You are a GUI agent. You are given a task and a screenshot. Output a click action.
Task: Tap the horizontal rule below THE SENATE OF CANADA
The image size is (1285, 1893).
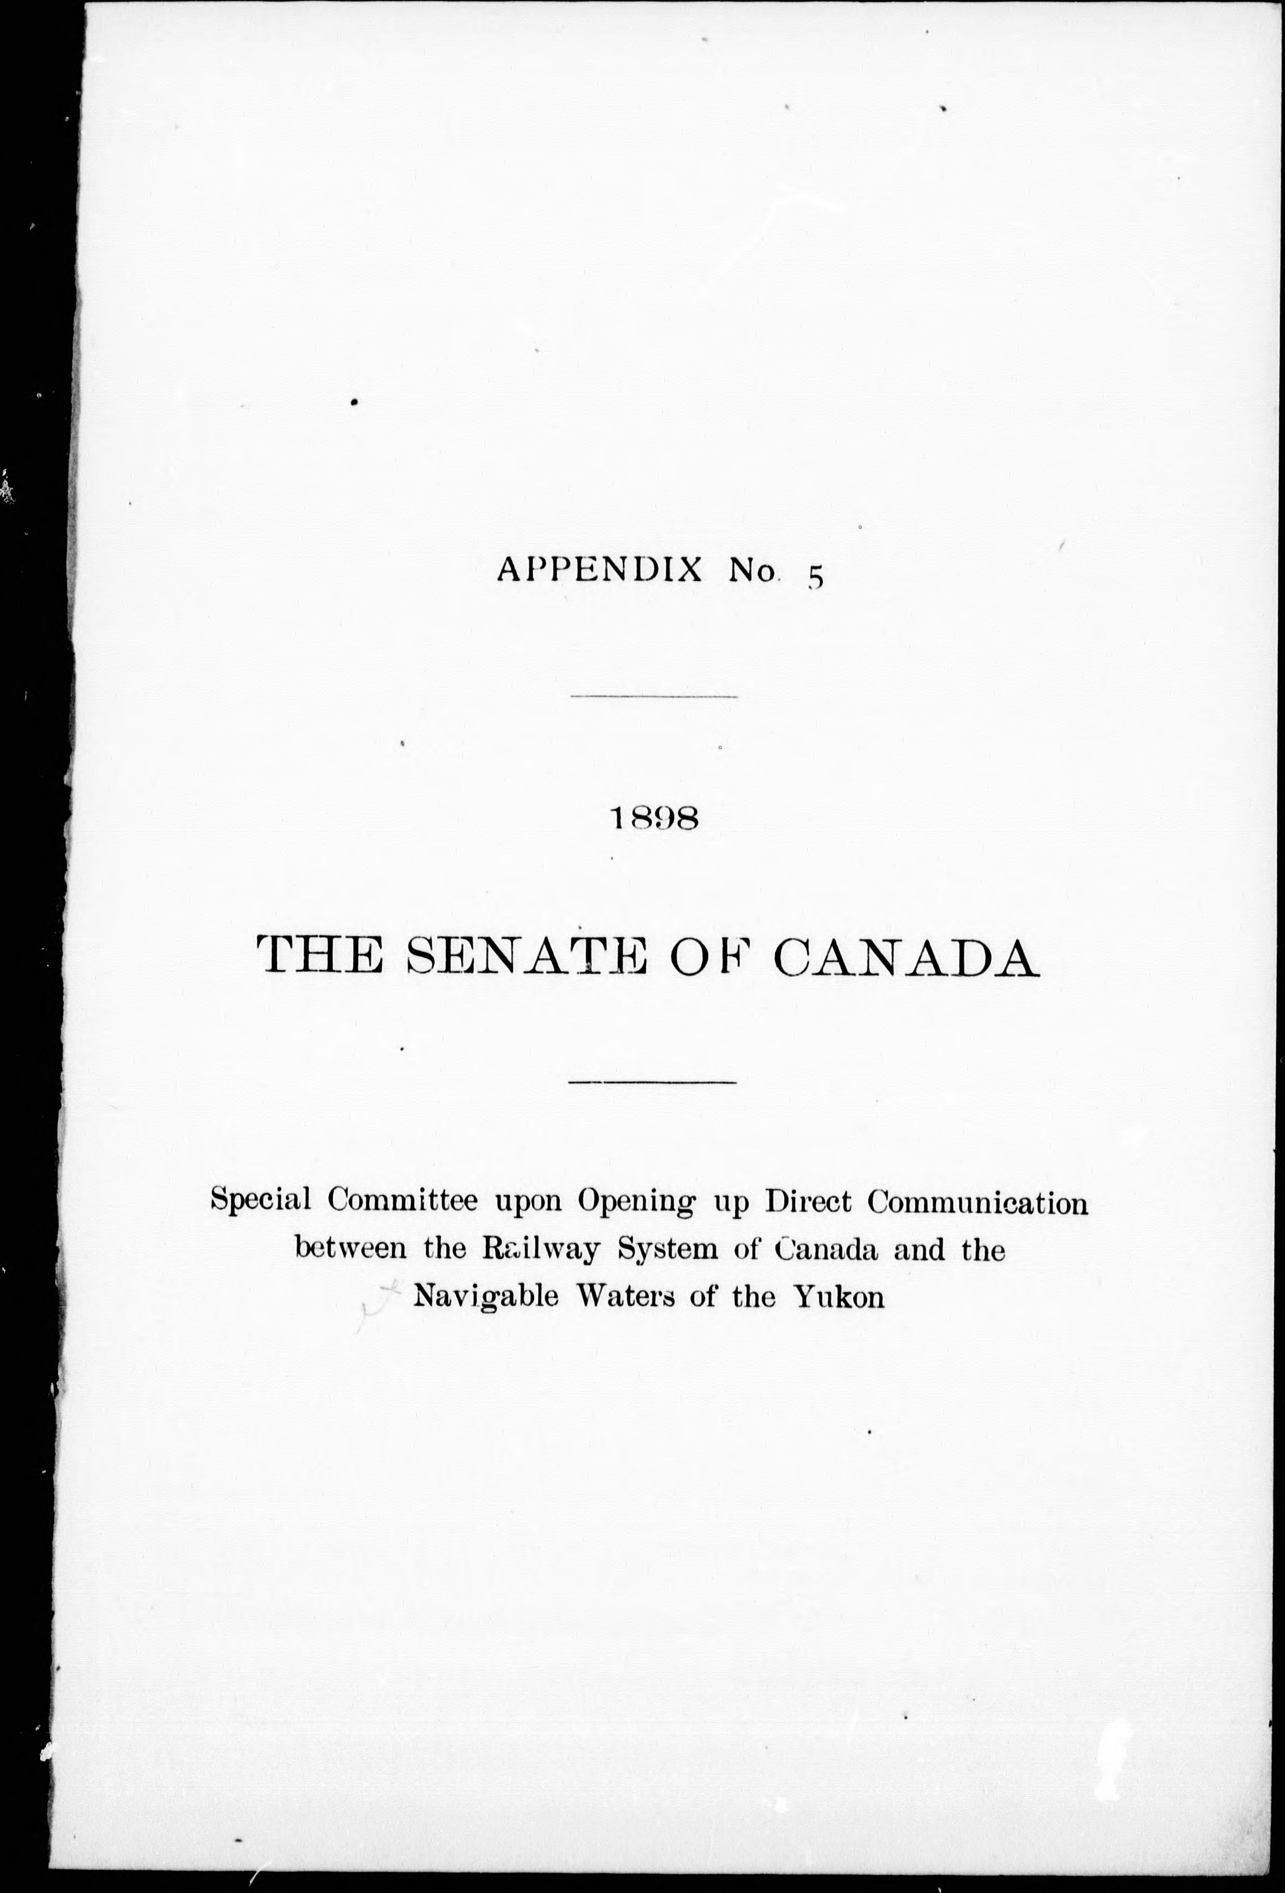pos(652,1082)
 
